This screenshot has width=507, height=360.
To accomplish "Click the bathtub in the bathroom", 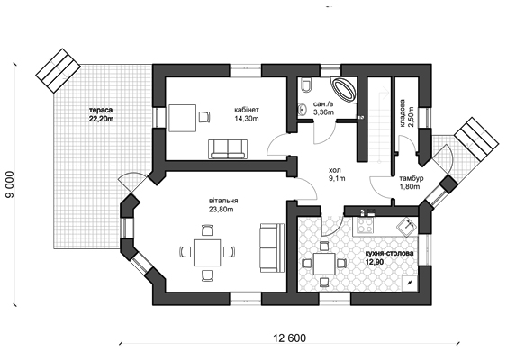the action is point(344,89).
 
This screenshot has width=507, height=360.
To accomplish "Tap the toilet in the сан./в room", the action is point(305,85).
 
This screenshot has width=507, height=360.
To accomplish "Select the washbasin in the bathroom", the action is point(302,109).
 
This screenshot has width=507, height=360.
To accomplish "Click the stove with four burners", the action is point(365,225).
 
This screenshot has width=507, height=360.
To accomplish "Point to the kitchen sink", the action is point(407,225).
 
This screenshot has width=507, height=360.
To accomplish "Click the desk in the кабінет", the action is point(183,118).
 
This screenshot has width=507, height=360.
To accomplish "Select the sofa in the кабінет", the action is point(228,149).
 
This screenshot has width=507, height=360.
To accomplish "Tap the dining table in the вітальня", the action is point(207,252).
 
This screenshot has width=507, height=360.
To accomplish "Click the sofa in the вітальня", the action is point(272,247).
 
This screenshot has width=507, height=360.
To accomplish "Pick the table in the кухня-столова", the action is point(324,264).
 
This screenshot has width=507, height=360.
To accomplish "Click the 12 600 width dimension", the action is point(289,338).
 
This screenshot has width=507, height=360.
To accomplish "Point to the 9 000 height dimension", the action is point(10,184).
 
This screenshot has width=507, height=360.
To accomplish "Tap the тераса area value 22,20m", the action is point(102,119).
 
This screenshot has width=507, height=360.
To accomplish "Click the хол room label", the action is point(335,170).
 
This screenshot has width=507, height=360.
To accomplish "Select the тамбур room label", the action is point(412,178).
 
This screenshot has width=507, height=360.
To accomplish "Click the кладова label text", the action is point(403,112).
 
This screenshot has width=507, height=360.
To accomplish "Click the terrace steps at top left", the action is point(58,71).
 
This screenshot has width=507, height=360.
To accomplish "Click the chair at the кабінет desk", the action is point(204,117).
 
